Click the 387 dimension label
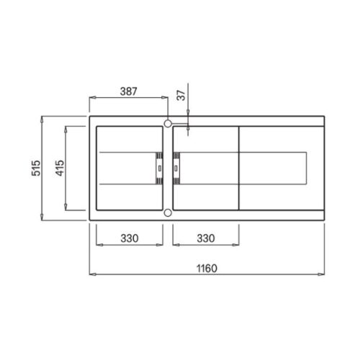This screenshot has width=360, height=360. (128, 91)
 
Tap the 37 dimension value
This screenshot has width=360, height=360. (181, 95)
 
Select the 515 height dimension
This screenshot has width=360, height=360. (36, 168)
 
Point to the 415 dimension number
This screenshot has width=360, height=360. (60, 168)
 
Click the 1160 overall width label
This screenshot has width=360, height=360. (207, 269)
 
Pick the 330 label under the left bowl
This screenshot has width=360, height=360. (130, 238)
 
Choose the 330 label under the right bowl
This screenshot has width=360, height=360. (206, 238)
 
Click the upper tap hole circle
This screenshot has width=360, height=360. (168, 124)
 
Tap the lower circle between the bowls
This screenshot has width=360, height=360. (168, 212)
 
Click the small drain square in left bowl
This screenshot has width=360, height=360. (160, 168)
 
